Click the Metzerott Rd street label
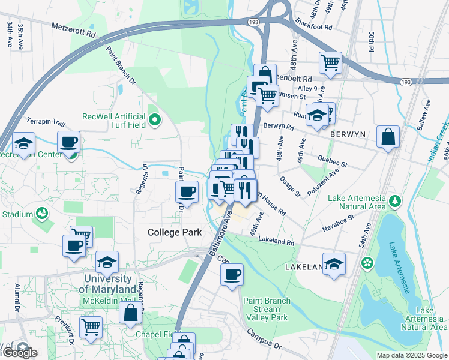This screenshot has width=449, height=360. click(73, 30)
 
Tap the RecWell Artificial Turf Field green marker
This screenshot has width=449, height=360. click(155, 121)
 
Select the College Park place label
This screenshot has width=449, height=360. click(174, 232)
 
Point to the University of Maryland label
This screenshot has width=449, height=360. click(108, 284)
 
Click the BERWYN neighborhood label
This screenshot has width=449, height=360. click(348, 135)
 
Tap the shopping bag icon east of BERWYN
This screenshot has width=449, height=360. click(388, 136)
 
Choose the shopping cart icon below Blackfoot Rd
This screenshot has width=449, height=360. click(331, 62)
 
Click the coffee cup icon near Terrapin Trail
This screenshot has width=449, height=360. click(69, 142)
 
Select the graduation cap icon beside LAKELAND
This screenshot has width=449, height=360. click(334, 263)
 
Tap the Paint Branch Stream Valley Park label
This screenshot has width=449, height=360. click(267, 309)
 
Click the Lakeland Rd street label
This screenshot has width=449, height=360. click(276, 241)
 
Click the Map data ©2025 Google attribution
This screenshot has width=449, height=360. click(411, 355)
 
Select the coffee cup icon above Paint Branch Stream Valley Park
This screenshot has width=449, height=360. click(232, 275)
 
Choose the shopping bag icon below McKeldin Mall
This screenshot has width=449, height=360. click(130, 312)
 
